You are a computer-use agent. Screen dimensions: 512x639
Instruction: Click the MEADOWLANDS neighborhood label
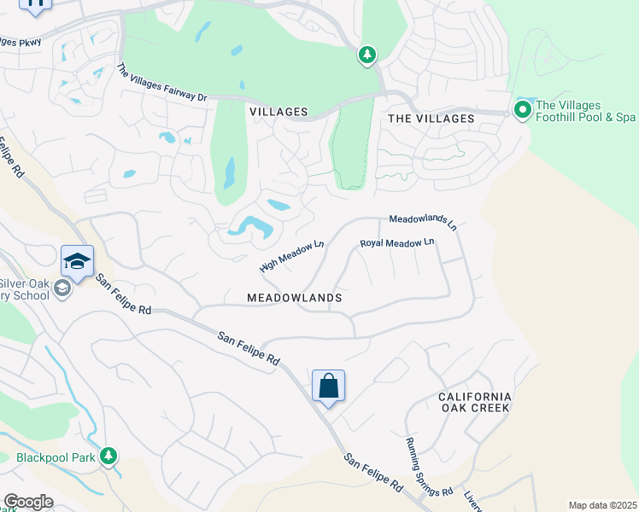(294, 298)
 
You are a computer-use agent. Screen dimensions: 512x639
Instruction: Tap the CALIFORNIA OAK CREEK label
(474, 402)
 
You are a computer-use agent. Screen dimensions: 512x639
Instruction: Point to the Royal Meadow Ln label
(397, 243)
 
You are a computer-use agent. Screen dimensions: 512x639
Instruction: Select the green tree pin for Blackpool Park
(108, 457)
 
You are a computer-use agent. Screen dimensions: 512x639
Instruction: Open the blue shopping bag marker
(328, 387)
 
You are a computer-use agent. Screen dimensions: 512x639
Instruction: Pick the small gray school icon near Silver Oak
(62, 289)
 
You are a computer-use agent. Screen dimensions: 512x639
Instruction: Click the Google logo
(28, 502)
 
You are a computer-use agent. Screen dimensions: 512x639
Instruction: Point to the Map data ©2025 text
(602, 505)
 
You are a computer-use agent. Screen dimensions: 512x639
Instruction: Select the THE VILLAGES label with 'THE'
(431, 119)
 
